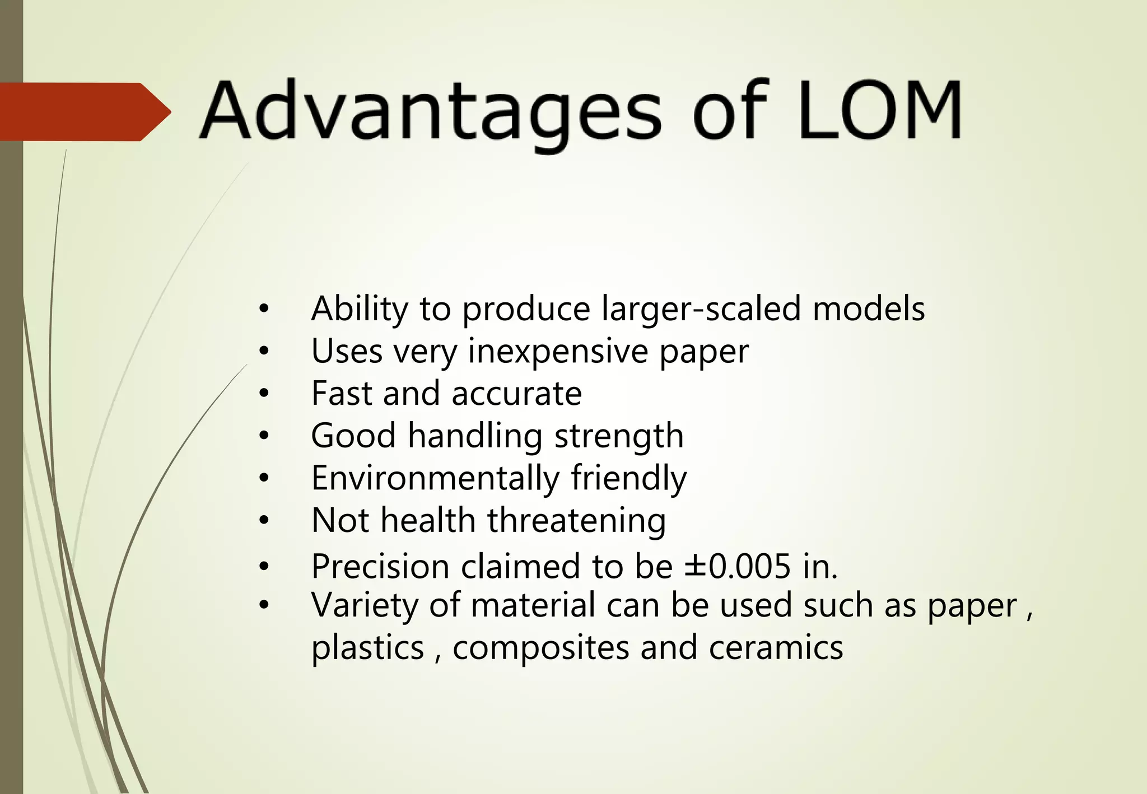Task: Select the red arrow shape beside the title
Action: tap(84, 112)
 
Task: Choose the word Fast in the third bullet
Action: tap(342, 394)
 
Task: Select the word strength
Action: tap(619, 436)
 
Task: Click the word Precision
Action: tap(380, 567)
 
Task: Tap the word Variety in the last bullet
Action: tap(364, 606)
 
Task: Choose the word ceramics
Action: tap(776, 648)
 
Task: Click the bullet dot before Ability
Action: tap(264, 309)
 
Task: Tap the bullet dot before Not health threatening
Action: tap(264, 521)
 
